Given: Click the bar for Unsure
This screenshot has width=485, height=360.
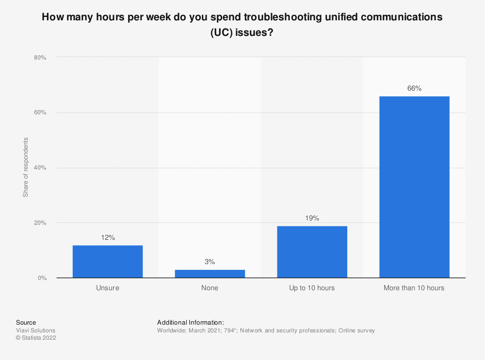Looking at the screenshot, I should click(x=108, y=262).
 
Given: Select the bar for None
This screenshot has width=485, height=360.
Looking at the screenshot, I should click(x=210, y=274).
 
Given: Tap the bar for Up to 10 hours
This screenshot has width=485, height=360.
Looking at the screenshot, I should click(x=312, y=252).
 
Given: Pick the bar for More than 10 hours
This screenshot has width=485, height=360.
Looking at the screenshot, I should click(x=414, y=187).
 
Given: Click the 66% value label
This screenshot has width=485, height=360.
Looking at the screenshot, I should click(x=414, y=88).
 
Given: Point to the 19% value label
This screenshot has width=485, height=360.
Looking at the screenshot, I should click(x=312, y=218).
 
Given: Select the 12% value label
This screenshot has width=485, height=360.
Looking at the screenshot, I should click(x=108, y=237).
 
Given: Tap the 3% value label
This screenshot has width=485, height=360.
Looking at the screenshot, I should click(x=210, y=262).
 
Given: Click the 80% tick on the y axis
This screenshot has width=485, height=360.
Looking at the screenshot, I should click(x=40, y=58).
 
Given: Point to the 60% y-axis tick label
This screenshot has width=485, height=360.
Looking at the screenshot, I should click(x=40, y=113).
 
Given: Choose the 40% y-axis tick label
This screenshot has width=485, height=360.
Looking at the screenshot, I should click(x=40, y=168).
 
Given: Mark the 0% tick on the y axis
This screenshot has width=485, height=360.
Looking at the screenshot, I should click(x=42, y=278).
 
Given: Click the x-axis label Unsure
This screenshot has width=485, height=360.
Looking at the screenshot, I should click(x=108, y=288).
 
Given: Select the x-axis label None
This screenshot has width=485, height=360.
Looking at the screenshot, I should click(x=210, y=288).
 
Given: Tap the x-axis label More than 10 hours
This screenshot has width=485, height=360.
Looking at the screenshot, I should click(x=414, y=288).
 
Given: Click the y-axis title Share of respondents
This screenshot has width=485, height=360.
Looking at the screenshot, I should click(x=26, y=167).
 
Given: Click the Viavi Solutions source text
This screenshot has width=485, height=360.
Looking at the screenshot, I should click(x=35, y=330).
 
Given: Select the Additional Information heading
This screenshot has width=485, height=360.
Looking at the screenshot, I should click(x=191, y=322).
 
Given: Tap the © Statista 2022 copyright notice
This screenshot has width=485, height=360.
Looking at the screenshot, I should click(x=36, y=338).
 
